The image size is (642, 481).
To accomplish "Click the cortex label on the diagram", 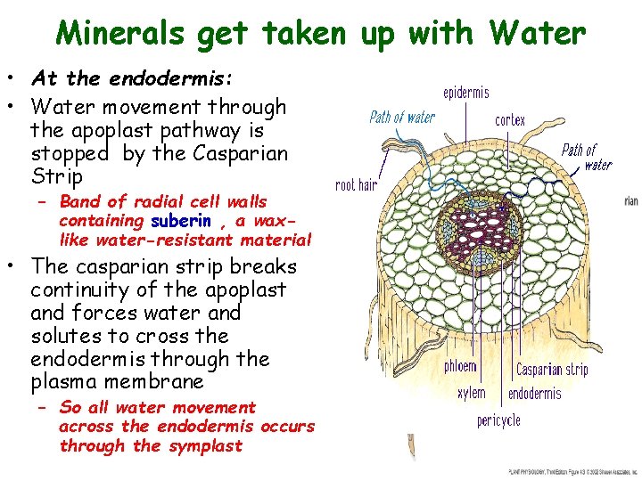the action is pos(510,120).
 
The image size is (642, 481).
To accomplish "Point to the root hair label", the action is pos(357,185).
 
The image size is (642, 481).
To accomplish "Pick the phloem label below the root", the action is pos(460,366).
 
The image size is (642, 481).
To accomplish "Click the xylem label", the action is pos(471,393).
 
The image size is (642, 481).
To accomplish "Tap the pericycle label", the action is pos(498,420).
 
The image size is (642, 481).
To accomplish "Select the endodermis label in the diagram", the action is pos(535,393).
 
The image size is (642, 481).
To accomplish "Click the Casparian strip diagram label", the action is pos(552,368).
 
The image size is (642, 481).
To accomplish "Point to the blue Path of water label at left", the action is pos(402,118).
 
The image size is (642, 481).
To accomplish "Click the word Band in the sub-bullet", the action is pos(79,202).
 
